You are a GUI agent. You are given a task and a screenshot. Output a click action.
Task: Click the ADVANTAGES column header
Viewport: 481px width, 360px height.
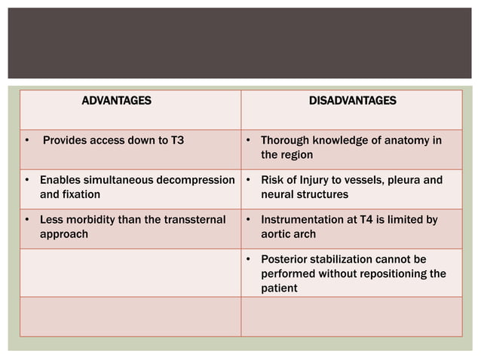(116, 100)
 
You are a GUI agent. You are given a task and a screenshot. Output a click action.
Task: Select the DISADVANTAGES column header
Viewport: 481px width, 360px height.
(353, 100)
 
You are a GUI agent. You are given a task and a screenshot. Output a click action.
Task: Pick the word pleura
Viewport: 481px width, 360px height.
(400, 181)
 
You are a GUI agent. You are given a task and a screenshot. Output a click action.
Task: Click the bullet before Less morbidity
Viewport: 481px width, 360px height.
(27, 221)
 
